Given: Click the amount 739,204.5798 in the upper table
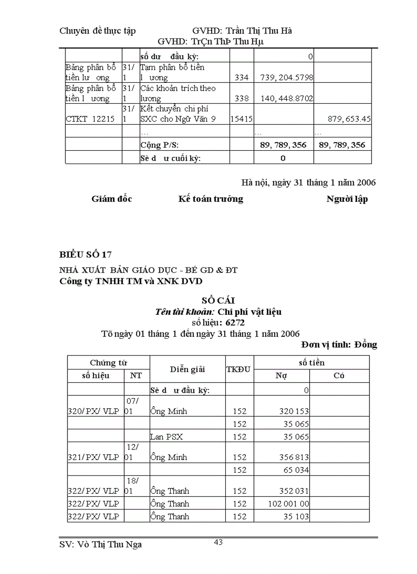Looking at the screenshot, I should tap(287, 78).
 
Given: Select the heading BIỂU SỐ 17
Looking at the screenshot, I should tap(85, 255).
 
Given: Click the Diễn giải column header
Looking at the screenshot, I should tap(187, 369).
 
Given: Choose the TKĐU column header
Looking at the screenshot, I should tap(239, 369).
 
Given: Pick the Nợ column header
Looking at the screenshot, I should tap(281, 376).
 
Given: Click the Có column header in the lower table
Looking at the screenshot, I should tap(338, 376).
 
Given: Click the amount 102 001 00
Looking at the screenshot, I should tap(288, 503).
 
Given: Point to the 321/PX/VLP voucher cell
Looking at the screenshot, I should tap(93, 457).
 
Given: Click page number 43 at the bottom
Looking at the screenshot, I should tap(218, 542).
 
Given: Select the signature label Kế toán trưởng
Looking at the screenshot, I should tap(211, 199).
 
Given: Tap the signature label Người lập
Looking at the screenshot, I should tap(346, 199).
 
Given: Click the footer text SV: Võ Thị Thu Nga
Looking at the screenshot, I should tap(101, 544).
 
